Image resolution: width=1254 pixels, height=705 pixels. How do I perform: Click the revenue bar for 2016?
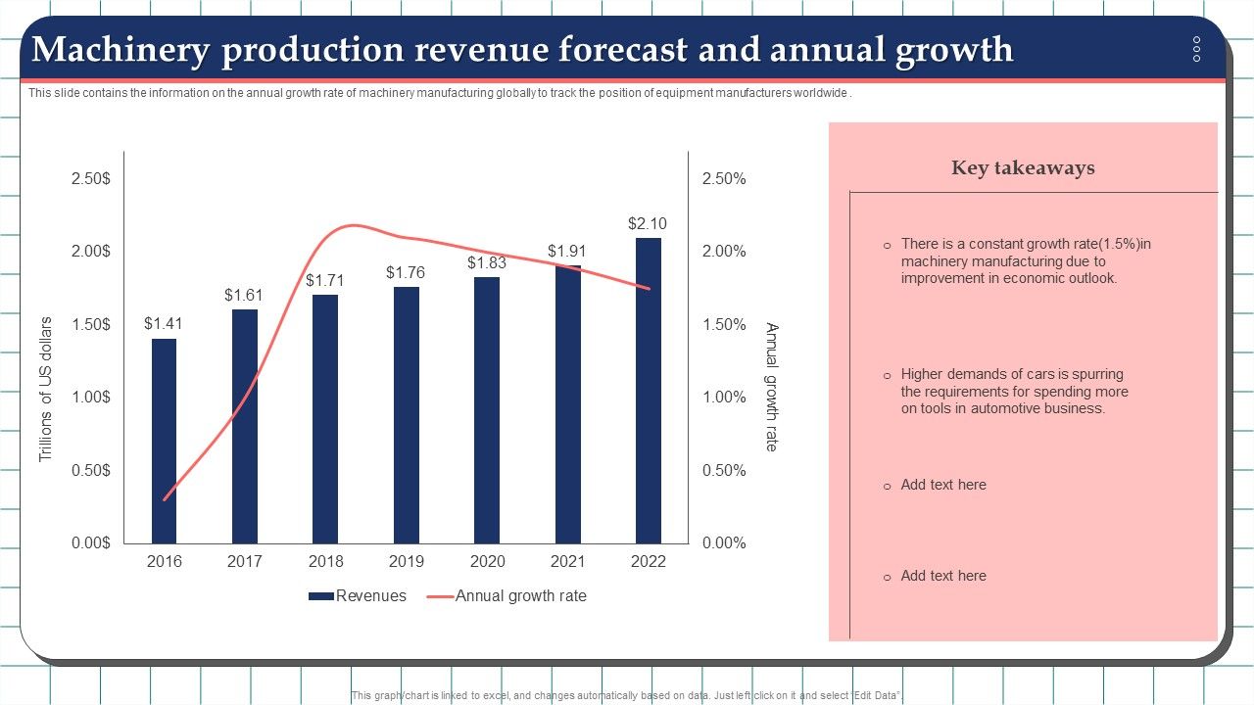pos(164,441)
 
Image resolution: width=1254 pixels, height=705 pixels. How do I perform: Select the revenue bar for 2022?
pos(648,392)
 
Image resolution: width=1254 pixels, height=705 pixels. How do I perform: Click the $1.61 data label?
pos(244,295)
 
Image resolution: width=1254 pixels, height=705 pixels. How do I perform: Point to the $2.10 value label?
pos(648,223)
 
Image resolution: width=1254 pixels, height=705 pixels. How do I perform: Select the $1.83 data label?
pos(487,262)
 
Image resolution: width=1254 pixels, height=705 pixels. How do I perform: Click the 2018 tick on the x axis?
pos(325,562)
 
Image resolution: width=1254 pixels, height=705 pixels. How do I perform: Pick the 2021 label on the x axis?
pos(567,562)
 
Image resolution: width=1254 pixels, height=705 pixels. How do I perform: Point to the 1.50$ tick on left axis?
pos(91,324)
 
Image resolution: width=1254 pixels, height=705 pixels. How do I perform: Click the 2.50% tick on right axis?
pos(724,178)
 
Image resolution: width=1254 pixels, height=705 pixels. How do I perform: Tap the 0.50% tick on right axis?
pos(724,470)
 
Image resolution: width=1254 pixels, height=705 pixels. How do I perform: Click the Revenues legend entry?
pos(358,595)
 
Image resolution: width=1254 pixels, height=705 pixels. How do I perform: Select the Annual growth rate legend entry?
pos(520,595)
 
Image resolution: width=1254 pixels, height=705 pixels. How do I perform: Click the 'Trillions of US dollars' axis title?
pos(46,389)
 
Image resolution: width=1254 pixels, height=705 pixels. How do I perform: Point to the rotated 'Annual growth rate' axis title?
pos(772,387)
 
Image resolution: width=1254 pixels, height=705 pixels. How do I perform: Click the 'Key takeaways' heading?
pos(1023,167)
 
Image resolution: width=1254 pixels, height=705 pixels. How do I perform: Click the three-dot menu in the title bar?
pos(1196,49)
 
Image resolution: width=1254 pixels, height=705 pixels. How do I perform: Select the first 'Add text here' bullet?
pos(942,485)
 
